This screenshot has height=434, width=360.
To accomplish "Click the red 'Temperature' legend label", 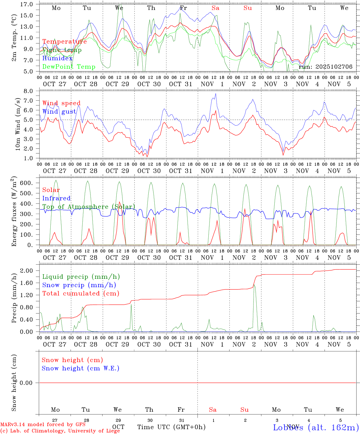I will [x=64, y=42].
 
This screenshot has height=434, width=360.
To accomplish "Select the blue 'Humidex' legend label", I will [x=57, y=58].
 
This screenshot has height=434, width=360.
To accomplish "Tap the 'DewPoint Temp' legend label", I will [x=69, y=67].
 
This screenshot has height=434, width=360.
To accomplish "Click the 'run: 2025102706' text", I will [x=325, y=67].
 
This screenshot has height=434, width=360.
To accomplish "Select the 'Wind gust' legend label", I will [x=59, y=112].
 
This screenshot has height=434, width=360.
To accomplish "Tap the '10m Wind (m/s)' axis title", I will [x=18, y=124].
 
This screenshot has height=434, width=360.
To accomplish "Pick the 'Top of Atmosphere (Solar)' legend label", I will [x=88, y=207].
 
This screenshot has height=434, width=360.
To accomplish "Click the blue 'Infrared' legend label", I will [x=56, y=198].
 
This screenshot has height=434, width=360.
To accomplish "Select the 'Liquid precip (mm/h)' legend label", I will [x=81, y=277].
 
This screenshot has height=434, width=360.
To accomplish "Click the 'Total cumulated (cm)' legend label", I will [x=81, y=293].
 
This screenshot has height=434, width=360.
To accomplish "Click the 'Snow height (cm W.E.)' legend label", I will [x=81, y=368].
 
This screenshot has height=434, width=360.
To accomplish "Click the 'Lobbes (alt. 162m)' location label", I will [x=316, y=427].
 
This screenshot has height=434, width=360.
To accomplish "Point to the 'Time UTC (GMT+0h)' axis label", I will [x=171, y=427].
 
